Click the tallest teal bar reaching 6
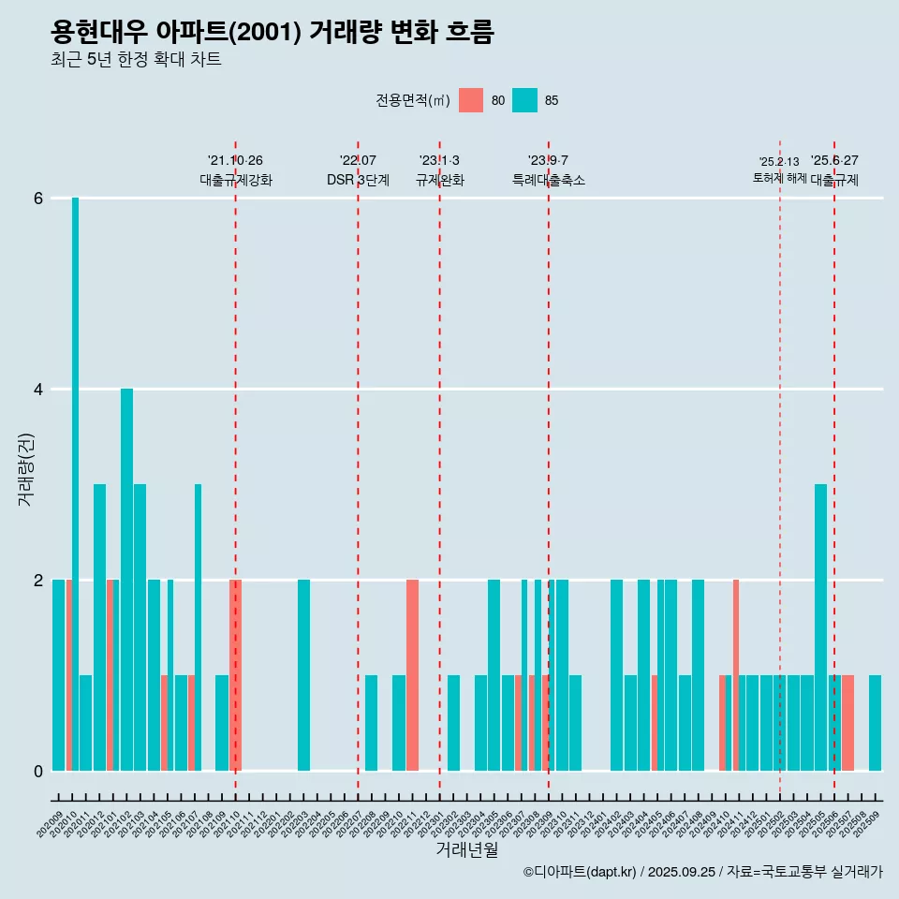pyautogui.click(x=75, y=483)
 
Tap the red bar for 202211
pyautogui.click(x=412, y=674)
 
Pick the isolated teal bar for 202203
pyautogui.click(x=303, y=674)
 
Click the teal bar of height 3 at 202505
pyautogui.click(x=820, y=627)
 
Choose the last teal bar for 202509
pyautogui.click(x=875, y=722)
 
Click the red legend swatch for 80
pyautogui.click(x=471, y=100)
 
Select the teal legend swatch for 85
pyautogui.click(x=525, y=100)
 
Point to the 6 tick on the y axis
pyautogui.click(x=38, y=199)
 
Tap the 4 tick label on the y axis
pyautogui.click(x=38, y=390)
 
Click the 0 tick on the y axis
pyautogui.click(x=38, y=771)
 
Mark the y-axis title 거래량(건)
pyautogui.click(x=26, y=469)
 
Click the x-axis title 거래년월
pyautogui.click(x=466, y=849)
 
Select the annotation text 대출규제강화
pyautogui.click(x=236, y=180)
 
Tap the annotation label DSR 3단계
pyautogui.click(x=358, y=180)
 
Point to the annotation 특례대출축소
pyautogui.click(x=549, y=180)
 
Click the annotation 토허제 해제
pyautogui.click(x=779, y=178)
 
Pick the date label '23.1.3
pyautogui.click(x=439, y=161)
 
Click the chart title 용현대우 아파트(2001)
pyautogui.click(x=272, y=33)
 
